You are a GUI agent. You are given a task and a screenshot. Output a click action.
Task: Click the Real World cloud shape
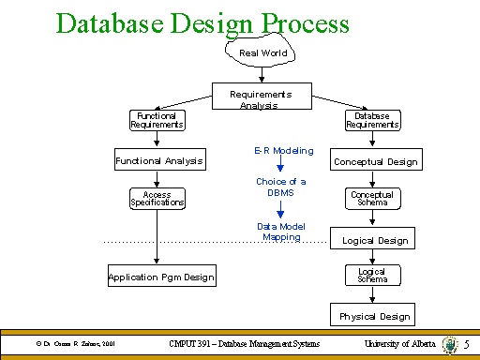pos(262,52)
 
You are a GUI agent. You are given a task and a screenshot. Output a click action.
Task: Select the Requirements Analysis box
pos(262,99)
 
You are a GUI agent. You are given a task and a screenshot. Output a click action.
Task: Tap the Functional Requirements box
pos(157,120)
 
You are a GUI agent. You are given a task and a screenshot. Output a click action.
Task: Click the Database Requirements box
pos(372,120)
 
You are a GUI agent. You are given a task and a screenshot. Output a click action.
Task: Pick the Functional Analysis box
pos(158,160)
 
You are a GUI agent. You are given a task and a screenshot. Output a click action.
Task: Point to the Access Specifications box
pos(157,199)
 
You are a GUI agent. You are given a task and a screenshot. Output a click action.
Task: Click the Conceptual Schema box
pos(372,199)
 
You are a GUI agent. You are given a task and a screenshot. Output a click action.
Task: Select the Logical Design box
pos(373,240)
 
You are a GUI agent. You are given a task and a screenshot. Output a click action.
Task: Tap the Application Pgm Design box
pos(161,277)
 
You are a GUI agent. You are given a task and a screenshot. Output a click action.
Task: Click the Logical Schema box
pos(372,276)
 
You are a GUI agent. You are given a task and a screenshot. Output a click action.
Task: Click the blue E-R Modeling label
pos(283,150)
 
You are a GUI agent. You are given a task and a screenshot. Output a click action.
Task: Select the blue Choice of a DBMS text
pos(280,186)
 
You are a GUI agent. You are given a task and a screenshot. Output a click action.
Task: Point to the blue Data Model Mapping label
pos(281,232)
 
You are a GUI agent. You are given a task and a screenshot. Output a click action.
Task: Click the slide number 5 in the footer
pos(466,346)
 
